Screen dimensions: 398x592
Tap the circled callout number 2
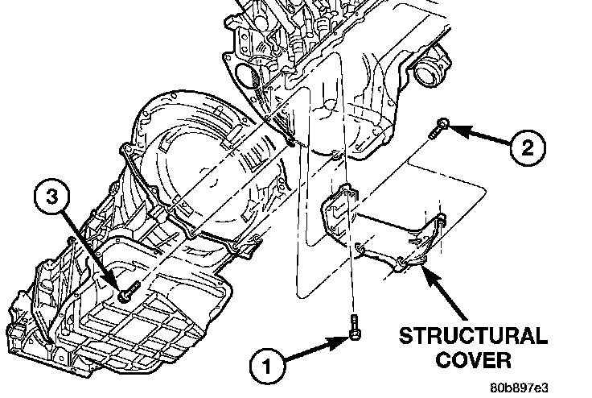527,147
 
